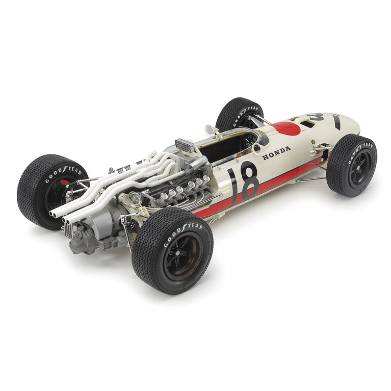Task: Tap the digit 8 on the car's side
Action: (x=249, y=181)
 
